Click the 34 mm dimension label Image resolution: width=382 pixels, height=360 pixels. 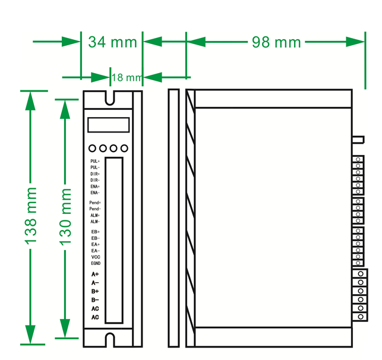(x=112, y=42)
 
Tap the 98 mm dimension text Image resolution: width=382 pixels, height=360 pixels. (x=276, y=42)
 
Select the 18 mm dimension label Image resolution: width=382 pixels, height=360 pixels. (x=127, y=78)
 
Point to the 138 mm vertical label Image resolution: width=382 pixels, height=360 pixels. (x=30, y=216)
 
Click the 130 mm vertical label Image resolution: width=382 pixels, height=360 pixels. (x=65, y=217)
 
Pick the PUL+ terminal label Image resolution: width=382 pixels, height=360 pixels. (x=95, y=161)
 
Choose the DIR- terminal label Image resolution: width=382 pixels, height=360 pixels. (x=95, y=180)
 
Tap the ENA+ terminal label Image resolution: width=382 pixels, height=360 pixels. (x=95, y=187)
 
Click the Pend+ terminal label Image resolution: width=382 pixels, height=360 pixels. (x=95, y=203)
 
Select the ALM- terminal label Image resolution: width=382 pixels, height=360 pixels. (x=95, y=222)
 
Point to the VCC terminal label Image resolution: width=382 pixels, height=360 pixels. (x=96, y=257)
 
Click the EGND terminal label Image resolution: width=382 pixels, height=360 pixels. (x=96, y=263)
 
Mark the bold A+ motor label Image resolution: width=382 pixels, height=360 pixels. (x=95, y=274)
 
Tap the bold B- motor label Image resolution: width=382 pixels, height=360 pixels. (x=95, y=300)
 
